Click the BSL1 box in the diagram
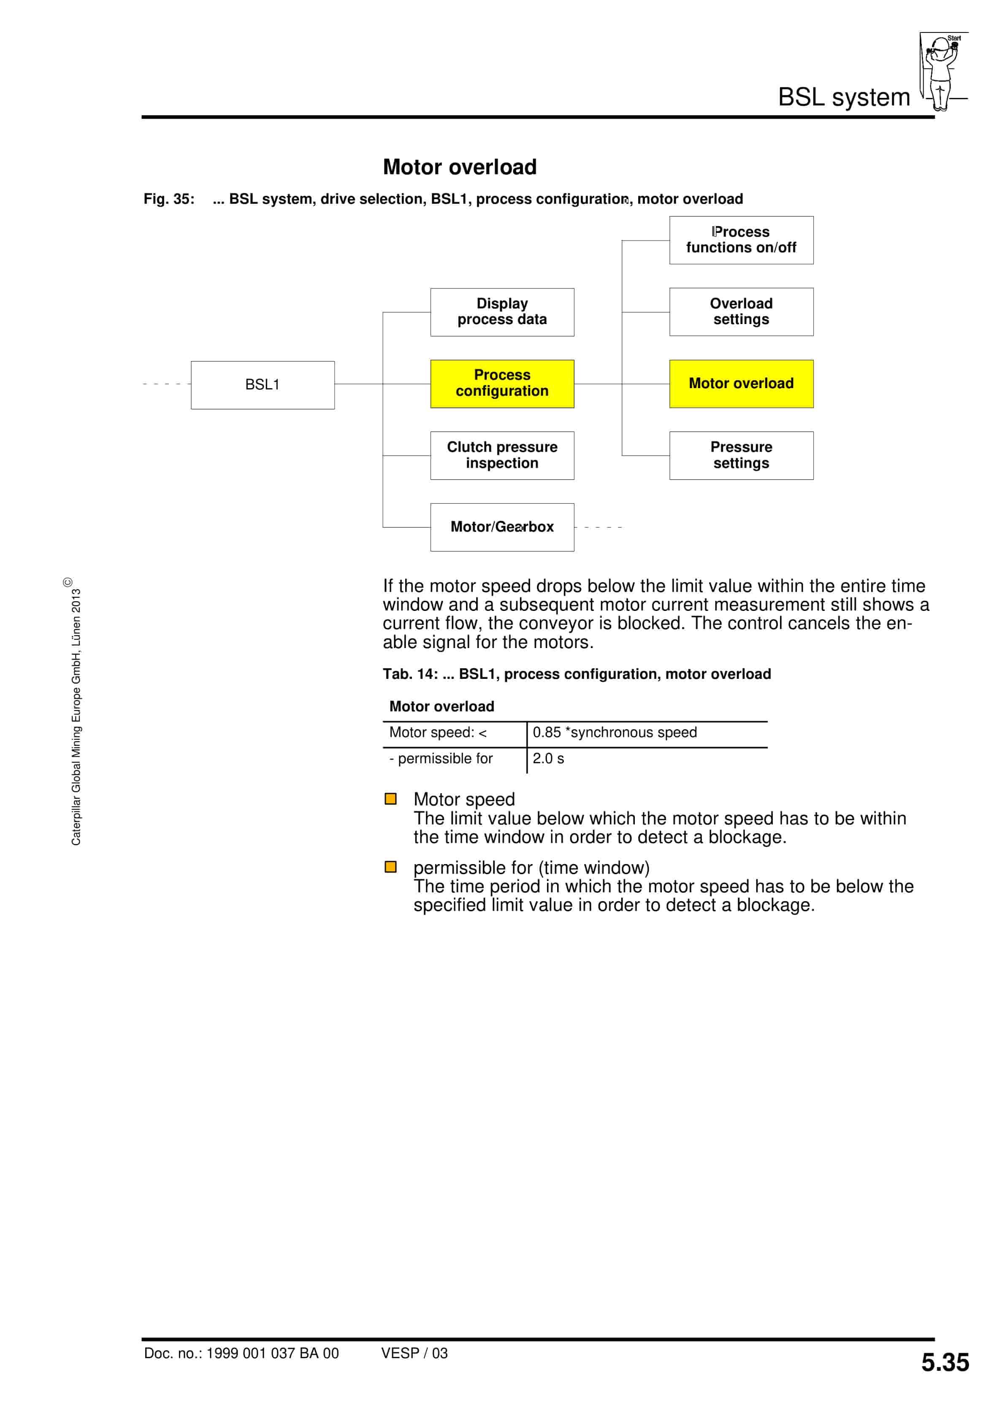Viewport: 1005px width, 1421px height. pos(263,384)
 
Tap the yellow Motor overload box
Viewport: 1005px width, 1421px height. pos(741,383)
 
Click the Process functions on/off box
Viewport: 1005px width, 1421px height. pos(741,240)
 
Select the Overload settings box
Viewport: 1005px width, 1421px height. pos(741,311)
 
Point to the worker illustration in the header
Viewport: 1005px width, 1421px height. pos(942,71)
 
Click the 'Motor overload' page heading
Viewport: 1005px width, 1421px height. pos(460,167)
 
